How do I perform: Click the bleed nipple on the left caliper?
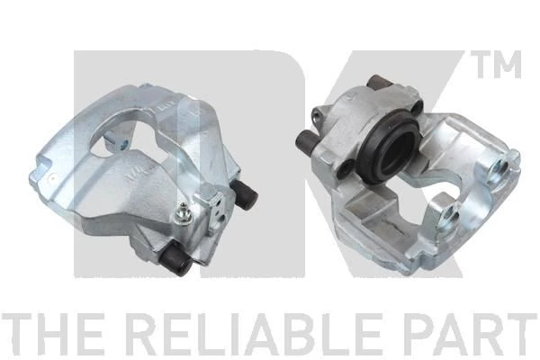182,214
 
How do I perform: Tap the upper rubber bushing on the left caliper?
245,195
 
